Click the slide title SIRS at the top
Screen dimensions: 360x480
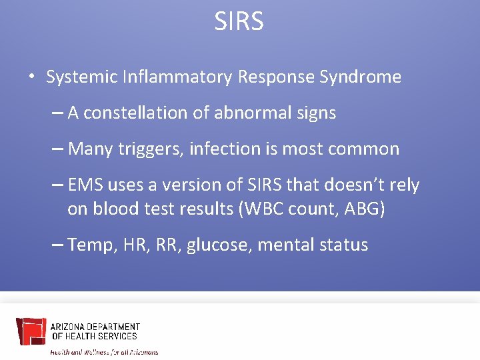[x=239, y=21]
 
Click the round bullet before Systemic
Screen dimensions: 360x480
[x=31, y=77]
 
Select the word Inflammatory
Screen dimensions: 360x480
[x=177, y=77]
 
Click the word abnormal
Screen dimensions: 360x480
[x=249, y=113]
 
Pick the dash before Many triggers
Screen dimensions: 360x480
[x=57, y=149]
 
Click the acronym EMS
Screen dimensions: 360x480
[x=85, y=185]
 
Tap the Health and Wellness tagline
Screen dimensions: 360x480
[x=105, y=351]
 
